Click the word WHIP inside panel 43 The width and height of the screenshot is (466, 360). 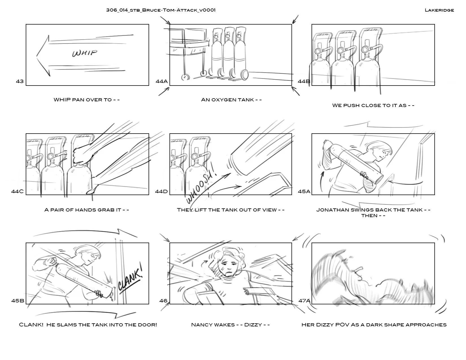pyautogui.click(x=84, y=53)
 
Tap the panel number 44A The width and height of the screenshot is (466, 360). pyautogui.click(x=162, y=81)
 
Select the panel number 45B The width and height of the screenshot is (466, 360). pyautogui.click(x=18, y=301)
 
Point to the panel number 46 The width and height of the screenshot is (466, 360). pyautogui.click(x=163, y=301)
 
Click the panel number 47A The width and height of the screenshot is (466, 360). pyautogui.click(x=304, y=301)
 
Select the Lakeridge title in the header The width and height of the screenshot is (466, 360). pyautogui.click(x=439, y=10)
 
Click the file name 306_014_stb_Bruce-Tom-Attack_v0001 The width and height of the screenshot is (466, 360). pyautogui.click(x=161, y=10)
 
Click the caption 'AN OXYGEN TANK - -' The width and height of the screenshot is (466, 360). pyautogui.click(x=231, y=100)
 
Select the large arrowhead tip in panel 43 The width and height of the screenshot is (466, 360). pyautogui.click(x=36, y=56)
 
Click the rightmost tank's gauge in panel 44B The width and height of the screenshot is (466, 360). pyautogui.click(x=365, y=50)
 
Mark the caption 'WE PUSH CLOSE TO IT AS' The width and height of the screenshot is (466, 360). pyautogui.click(x=369, y=106)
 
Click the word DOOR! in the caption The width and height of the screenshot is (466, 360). pyautogui.click(x=148, y=325)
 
